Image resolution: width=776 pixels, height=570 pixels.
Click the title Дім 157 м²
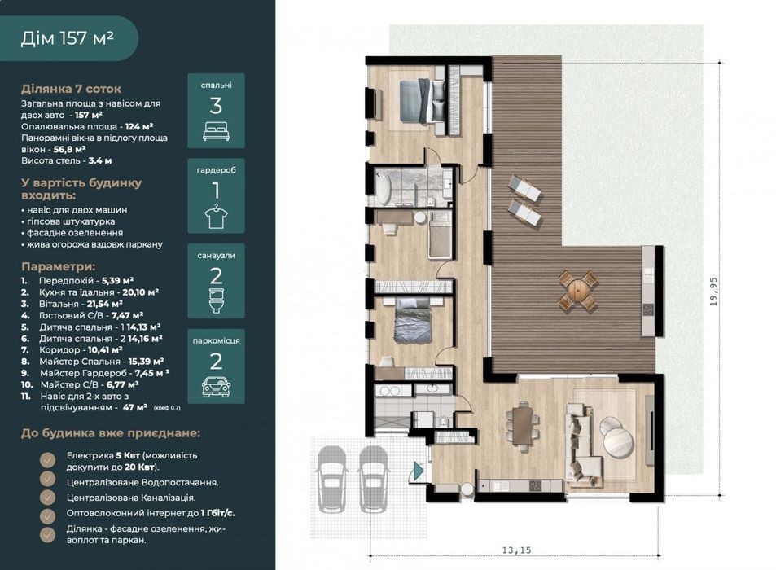coord(68,38)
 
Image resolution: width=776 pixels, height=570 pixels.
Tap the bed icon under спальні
coord(217,132)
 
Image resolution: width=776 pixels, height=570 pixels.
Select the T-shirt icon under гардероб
coord(217,217)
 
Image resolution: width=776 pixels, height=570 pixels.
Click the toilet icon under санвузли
coord(217,300)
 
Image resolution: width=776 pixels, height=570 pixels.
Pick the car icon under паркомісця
coord(217,387)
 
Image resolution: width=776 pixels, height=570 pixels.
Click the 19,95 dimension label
coord(713,292)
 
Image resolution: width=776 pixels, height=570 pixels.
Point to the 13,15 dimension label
coord(516,550)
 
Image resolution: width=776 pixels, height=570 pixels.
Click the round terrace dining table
coord(578,290)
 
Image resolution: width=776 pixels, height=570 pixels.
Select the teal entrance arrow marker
coord(419,471)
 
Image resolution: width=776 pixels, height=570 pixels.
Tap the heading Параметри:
coord(58,267)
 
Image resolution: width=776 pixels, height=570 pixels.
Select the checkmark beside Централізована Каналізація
coord(47,498)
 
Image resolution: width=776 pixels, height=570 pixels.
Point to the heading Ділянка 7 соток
coord(72,89)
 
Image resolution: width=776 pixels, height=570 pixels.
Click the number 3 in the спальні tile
coord(216,106)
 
